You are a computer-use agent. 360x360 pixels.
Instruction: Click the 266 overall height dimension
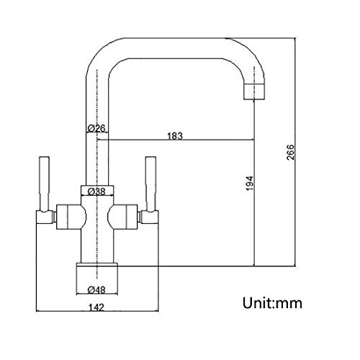(290, 152)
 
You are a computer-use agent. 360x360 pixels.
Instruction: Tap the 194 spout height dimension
(250, 184)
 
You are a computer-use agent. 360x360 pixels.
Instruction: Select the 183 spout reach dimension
(175, 136)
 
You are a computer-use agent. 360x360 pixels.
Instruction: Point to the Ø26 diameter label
(96, 128)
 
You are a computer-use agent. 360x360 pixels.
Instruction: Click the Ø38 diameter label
(96, 192)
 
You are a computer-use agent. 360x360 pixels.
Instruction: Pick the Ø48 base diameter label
(96, 290)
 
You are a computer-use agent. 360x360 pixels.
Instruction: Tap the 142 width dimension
(96, 307)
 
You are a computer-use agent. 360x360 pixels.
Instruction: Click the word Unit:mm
(272, 303)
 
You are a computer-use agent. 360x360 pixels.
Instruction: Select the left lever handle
(45, 184)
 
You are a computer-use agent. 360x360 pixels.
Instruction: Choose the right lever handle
(151, 184)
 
